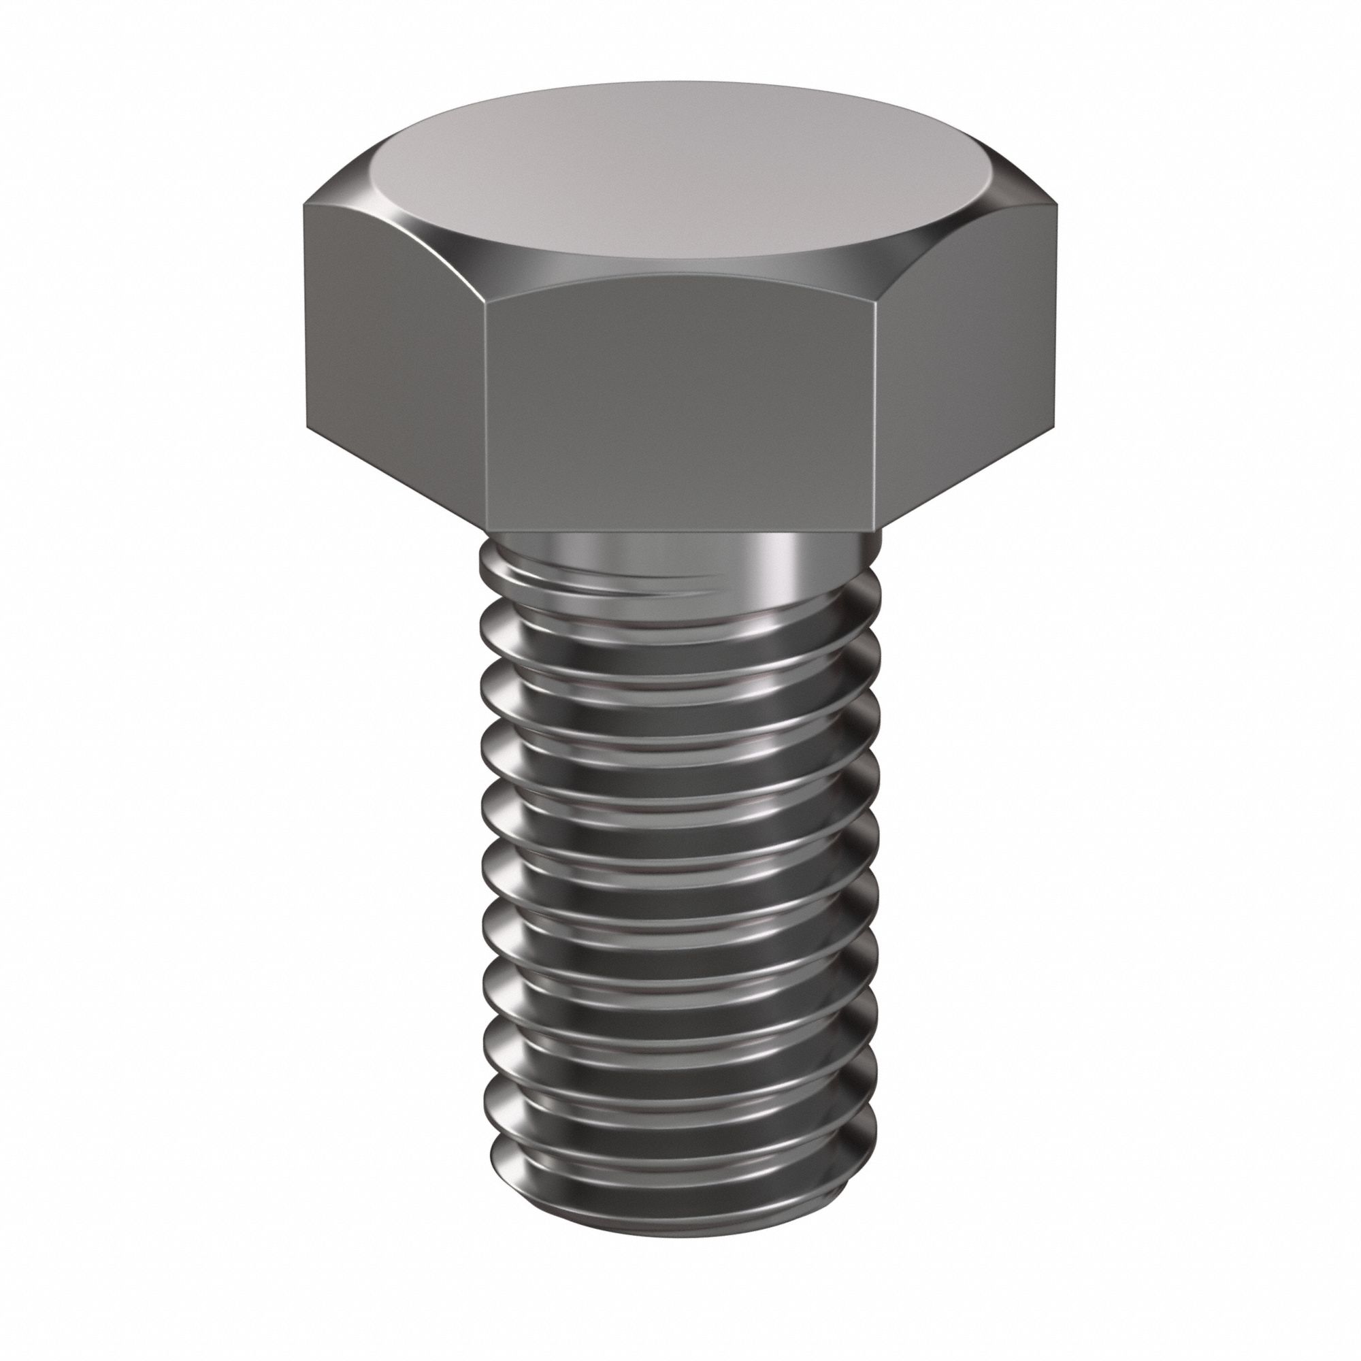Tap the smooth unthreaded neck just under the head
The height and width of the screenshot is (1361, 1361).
[676, 553]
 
